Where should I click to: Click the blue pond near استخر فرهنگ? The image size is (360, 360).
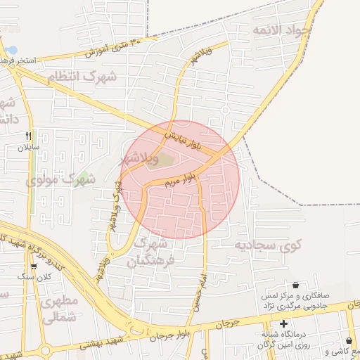12,51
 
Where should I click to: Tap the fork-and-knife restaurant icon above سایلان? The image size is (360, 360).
29,136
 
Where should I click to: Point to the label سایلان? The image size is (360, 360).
30,148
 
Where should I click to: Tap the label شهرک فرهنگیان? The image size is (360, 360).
150,252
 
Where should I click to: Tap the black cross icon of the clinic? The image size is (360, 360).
283,324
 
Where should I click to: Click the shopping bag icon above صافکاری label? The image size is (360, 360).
295,285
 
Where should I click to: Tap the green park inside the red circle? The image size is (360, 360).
163,160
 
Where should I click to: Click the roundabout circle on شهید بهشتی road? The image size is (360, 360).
46,350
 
